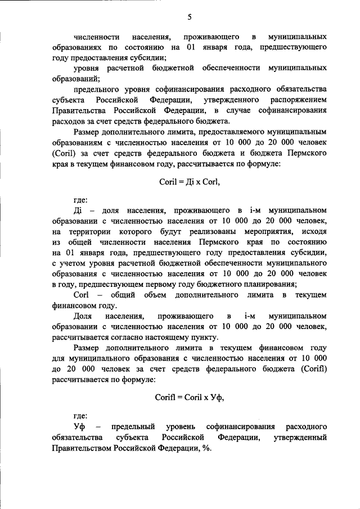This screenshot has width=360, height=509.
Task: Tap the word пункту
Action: pyautogui.click(x=203, y=337)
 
